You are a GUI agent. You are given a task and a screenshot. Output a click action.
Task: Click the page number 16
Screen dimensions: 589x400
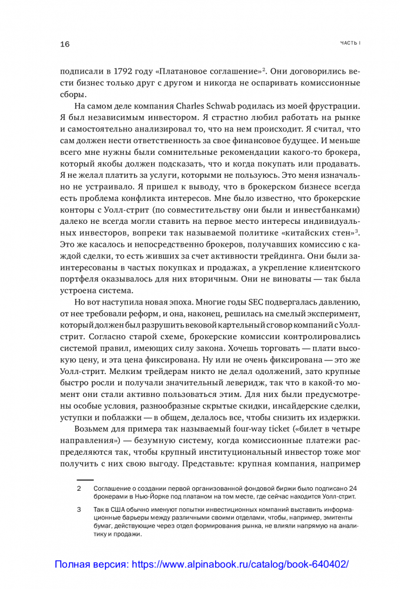pyautogui.click(x=65, y=44)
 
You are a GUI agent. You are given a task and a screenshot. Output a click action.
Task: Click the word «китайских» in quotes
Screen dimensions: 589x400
pyautogui.click(x=302, y=233)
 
